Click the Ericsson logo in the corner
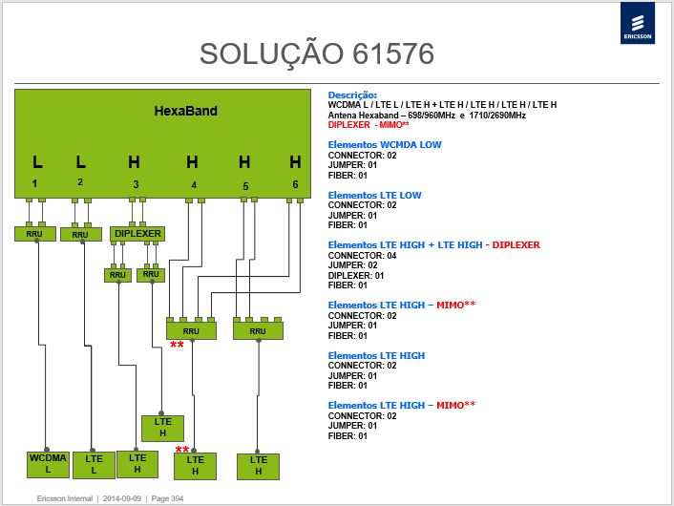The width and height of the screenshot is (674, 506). click(x=638, y=23)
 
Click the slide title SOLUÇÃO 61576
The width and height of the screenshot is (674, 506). click(x=317, y=54)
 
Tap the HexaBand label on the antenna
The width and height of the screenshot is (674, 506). click(x=186, y=111)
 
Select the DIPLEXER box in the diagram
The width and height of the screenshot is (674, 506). click(x=137, y=234)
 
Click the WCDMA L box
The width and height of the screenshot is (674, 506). click(x=48, y=464)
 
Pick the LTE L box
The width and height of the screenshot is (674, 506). click(x=94, y=465)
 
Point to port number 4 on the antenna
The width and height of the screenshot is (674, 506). click(x=194, y=185)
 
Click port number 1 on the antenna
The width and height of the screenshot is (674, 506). click(x=34, y=183)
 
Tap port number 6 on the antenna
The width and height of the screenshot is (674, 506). click(x=295, y=184)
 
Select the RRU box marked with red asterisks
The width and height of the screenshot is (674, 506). click(x=191, y=331)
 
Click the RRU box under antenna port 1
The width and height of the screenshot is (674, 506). click(x=34, y=234)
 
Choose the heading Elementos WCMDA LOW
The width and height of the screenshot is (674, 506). click(x=385, y=145)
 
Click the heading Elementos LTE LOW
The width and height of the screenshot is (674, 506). click(x=374, y=195)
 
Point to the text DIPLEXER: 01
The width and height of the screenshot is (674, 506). click(x=355, y=276)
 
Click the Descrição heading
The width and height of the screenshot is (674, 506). click(x=352, y=95)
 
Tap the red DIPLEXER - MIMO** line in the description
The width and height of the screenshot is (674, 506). click(x=369, y=125)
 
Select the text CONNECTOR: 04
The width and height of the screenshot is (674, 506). click(x=362, y=256)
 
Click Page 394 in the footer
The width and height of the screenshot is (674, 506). click(x=167, y=498)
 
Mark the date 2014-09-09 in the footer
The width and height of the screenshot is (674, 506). click(x=121, y=498)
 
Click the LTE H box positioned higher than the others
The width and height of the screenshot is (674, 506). click(x=162, y=428)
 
